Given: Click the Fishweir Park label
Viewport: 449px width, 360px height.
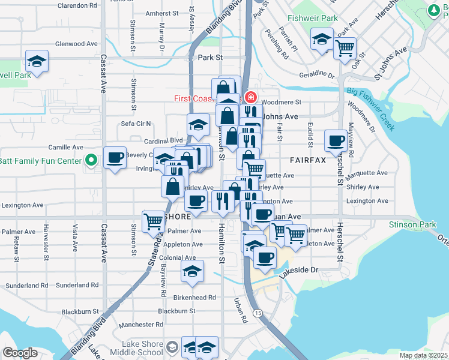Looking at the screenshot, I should [x=312, y=19].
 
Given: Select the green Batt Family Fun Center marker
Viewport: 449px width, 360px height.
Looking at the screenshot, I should [x=91, y=160].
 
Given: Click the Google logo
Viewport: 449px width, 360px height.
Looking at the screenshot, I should [x=20, y=353].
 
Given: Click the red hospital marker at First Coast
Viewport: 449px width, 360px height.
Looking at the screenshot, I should [x=250, y=97].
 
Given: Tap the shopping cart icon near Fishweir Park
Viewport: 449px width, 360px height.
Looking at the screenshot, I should [x=344, y=47].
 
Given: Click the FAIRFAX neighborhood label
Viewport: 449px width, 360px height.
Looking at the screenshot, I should [x=307, y=160].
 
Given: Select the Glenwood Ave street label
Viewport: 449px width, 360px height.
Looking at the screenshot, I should [x=76, y=44].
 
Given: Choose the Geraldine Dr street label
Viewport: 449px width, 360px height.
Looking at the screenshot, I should [x=316, y=75].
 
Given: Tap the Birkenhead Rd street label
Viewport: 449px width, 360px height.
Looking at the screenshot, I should [x=195, y=298].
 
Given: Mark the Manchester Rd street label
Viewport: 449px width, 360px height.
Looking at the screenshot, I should [x=141, y=325].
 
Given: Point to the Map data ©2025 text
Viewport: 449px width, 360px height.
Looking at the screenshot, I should [x=423, y=355].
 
